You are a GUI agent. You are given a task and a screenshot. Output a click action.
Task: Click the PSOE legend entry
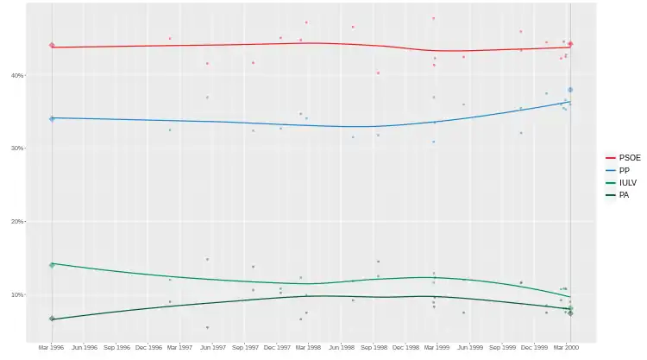tap(629, 157)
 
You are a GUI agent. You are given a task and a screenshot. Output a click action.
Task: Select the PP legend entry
tap(624, 170)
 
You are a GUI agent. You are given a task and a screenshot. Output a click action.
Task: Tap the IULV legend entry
tap(627, 182)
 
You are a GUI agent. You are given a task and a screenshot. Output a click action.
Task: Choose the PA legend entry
tap(624, 194)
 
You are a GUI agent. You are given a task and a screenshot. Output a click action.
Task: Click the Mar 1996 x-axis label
tap(52, 348)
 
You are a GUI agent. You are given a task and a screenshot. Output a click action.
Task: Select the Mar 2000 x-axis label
tap(567, 348)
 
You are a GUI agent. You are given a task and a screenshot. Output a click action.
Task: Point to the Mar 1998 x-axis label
tap(309, 348)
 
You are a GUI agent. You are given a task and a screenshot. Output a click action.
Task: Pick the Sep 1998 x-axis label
tap(374, 348)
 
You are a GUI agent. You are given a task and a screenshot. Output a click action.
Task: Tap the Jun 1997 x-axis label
tap(212, 348)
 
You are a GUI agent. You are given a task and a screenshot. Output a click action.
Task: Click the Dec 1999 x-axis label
tap(535, 348)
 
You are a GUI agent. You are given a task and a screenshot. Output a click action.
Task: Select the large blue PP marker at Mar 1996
tap(52, 118)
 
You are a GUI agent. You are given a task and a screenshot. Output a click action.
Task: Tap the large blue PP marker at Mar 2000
tap(571, 90)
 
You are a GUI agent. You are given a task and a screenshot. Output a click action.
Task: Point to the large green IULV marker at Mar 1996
tap(52, 265)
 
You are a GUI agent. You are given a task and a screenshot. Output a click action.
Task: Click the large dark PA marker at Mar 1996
tap(52, 319)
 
